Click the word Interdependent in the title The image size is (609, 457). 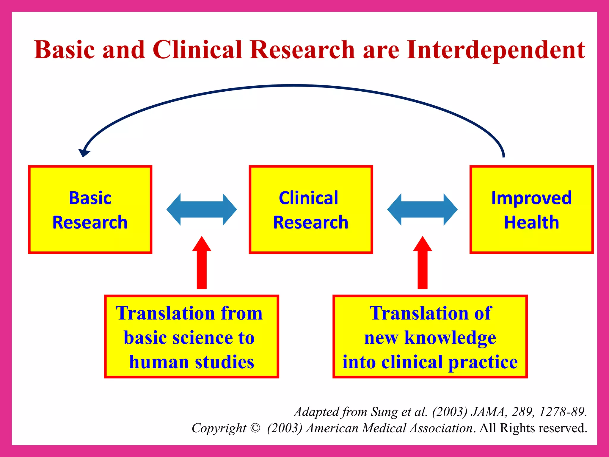(496, 50)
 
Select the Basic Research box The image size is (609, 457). (90, 209)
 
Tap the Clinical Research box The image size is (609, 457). (311, 209)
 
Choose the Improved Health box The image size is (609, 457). (531, 209)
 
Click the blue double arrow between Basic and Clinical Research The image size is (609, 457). (202, 209)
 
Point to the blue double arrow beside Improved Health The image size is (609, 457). (422, 209)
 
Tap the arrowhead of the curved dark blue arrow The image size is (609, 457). (84, 152)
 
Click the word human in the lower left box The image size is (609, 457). (159, 362)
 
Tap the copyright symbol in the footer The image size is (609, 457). (255, 428)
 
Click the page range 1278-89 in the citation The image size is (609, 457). (563, 412)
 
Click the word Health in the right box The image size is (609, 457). (531, 222)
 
